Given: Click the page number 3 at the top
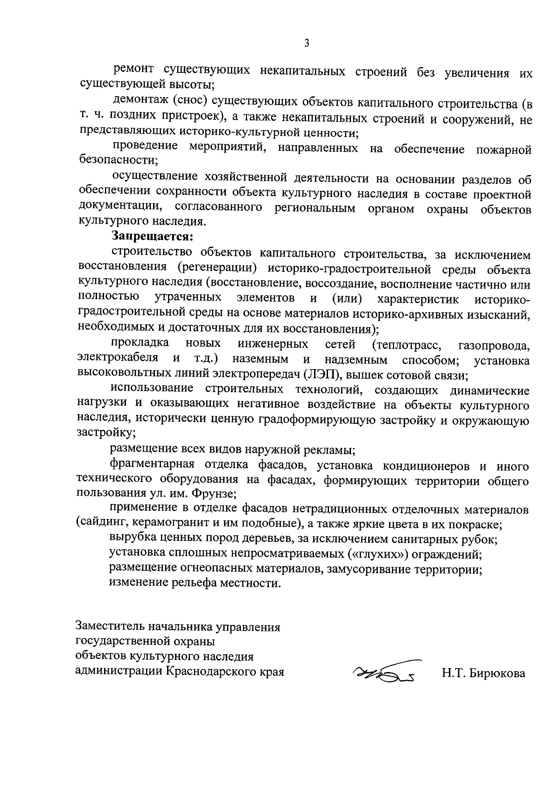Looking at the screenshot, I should (x=307, y=43).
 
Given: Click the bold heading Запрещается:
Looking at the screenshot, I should (x=152, y=236).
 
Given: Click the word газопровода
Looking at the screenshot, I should (x=494, y=346).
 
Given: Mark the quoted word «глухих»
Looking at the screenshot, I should (x=381, y=554).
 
